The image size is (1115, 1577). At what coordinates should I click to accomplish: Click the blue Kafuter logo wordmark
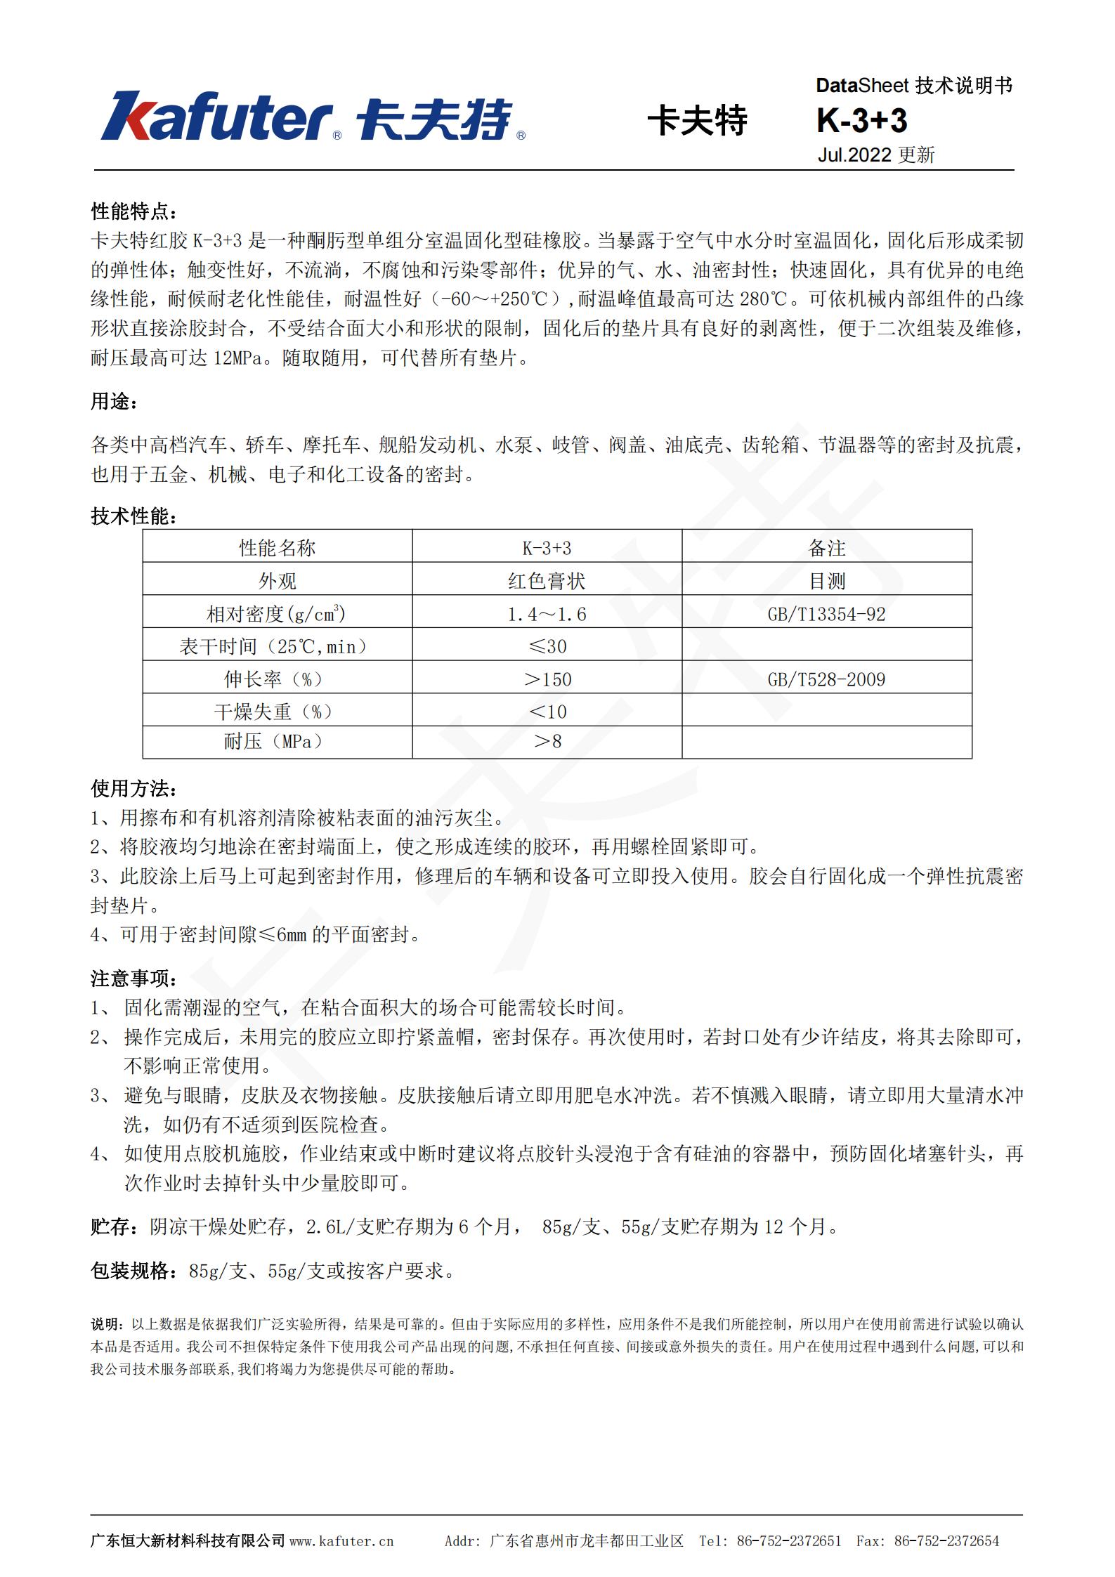pyautogui.click(x=217, y=117)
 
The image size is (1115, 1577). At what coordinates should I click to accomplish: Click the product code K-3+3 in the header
pyautogui.click(x=861, y=121)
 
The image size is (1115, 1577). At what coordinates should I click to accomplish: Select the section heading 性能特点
pyautogui.click(x=133, y=211)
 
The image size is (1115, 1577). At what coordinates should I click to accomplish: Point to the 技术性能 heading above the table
pyautogui.click(x=133, y=516)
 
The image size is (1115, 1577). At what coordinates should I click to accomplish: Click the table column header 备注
pyautogui.click(x=826, y=548)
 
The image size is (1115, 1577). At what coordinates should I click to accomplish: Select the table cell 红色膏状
pyautogui.click(x=547, y=581)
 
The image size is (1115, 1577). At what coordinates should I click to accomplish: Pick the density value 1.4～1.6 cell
pyautogui.click(x=547, y=614)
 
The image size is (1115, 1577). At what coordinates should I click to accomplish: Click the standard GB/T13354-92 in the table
pyautogui.click(x=826, y=614)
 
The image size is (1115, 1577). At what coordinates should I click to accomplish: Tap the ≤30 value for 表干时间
pyautogui.click(x=547, y=646)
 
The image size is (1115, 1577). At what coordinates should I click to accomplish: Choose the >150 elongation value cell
pyautogui.click(x=547, y=679)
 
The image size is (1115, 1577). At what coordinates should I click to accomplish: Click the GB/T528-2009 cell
pyautogui.click(x=826, y=679)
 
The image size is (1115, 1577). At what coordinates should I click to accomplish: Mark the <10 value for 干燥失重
pyautogui.click(x=547, y=712)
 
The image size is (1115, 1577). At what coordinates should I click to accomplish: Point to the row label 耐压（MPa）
pyautogui.click(x=277, y=742)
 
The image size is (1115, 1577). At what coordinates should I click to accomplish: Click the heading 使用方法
pyautogui.click(x=133, y=789)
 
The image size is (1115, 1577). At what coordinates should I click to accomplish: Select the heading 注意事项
pyautogui.click(x=133, y=978)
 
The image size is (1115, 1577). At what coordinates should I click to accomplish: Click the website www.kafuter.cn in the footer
pyautogui.click(x=341, y=1541)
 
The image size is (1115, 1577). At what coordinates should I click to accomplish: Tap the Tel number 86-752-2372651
pyautogui.click(x=788, y=1541)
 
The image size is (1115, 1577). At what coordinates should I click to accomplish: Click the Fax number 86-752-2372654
pyautogui.click(x=946, y=1541)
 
